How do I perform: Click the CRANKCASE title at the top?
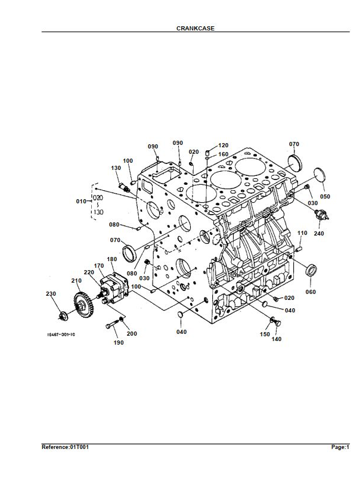(195, 28)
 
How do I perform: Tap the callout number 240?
(319, 234)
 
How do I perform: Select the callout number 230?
(51, 294)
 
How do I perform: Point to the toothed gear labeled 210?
(83, 305)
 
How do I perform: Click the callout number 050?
(325, 197)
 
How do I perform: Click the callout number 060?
(311, 292)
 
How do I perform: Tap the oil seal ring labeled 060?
(311, 270)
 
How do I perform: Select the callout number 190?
(119, 342)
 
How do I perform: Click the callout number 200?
(132, 334)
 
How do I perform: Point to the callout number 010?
(81, 202)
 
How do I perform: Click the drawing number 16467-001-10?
(61, 334)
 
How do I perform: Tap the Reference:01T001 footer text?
(66, 447)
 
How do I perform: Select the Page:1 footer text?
(340, 447)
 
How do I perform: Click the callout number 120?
(223, 145)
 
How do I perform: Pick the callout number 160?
(223, 154)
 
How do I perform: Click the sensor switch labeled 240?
(322, 215)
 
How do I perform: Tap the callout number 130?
(116, 168)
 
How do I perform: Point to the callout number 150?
(265, 334)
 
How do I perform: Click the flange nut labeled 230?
(63, 316)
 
